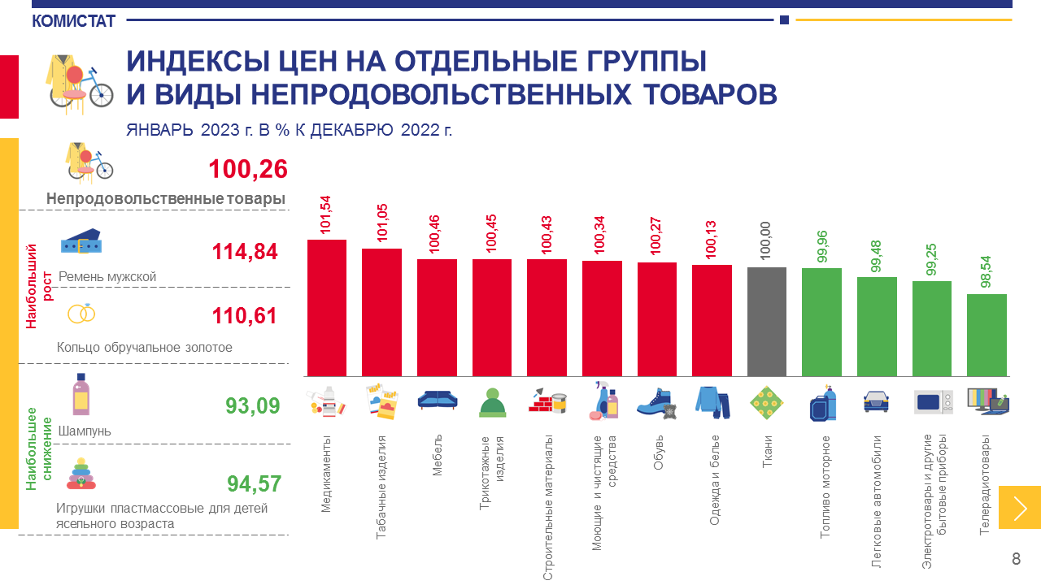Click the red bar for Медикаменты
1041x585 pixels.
pyautogui.click(x=326, y=308)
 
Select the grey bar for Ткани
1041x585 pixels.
pyautogui.click(x=766, y=322)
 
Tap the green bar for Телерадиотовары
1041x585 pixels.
pyautogui.click(x=987, y=335)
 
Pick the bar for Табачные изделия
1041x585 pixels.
pyautogui.click(x=381, y=312)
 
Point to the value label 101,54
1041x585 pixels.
pyautogui.click(x=326, y=215)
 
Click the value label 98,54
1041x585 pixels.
pyautogui.click(x=986, y=269)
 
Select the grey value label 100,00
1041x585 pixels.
pyautogui.click(x=765, y=241)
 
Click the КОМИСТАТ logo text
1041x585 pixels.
pyautogui.click(x=74, y=21)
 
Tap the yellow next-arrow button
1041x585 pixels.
pyautogui.click(x=1019, y=508)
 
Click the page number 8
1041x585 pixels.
pyautogui.click(x=1016, y=559)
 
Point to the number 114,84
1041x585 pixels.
pyautogui.click(x=245, y=252)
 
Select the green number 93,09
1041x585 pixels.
pyautogui.click(x=253, y=405)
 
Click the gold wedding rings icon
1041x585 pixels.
pyautogui.click(x=81, y=314)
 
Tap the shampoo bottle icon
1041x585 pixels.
pyautogui.click(x=81, y=395)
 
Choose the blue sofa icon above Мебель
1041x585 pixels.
pyautogui.click(x=437, y=399)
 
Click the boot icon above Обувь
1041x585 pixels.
pyautogui.click(x=656, y=402)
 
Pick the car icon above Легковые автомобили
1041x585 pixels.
pyautogui.click(x=876, y=400)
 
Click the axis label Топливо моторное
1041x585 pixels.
pyautogui.click(x=825, y=487)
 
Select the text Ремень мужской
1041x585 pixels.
pyautogui.click(x=107, y=277)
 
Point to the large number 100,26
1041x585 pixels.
pyautogui.click(x=248, y=169)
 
